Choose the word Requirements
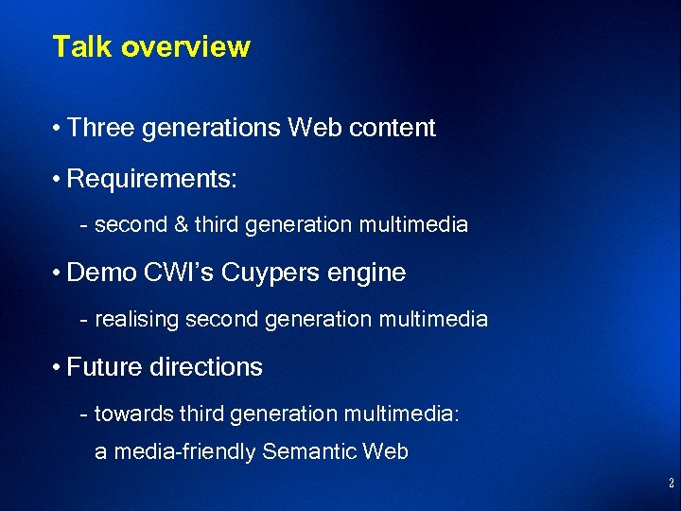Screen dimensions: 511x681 (x=151, y=179)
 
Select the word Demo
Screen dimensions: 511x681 (x=103, y=273)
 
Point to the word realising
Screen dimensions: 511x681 (x=136, y=320)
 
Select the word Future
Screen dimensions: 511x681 (x=110, y=366)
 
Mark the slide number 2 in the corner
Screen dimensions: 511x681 (x=671, y=484)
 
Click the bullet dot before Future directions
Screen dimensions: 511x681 (x=58, y=367)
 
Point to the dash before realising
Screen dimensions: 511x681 (x=85, y=321)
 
